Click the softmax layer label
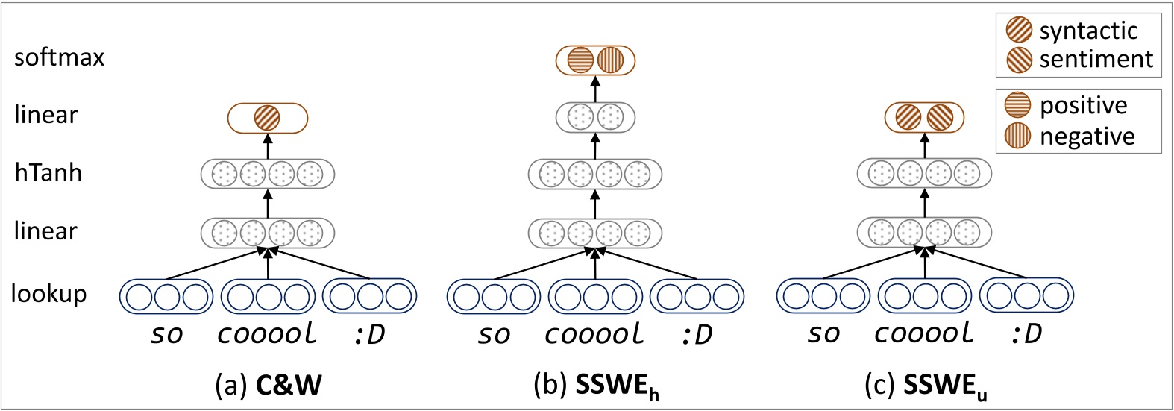[59, 57]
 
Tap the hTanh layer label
[48, 173]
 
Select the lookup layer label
[48, 294]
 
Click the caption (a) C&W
[268, 384]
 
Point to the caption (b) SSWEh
[596, 386]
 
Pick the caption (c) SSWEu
[925, 386]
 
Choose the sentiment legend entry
[1079, 59]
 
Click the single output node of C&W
[267, 118]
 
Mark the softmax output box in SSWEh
[595, 60]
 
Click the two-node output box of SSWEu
[924, 118]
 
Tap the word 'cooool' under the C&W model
[267, 334]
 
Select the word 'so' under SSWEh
[494, 334]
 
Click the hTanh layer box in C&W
[267, 175]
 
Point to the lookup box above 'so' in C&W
[166, 296]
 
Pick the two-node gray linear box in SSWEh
[595, 117]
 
